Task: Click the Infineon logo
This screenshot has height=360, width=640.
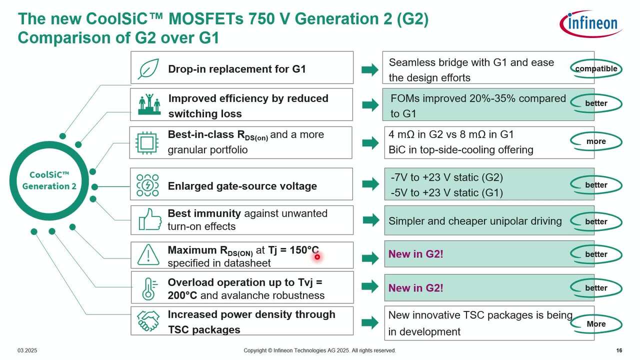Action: click(590, 23)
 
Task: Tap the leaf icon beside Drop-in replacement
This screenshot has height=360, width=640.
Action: click(148, 68)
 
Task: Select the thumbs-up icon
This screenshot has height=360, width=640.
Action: click(149, 220)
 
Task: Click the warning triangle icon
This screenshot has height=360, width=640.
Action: click(148, 254)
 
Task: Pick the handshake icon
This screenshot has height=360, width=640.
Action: click(148, 321)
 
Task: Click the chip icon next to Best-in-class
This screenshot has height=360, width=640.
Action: click(147, 142)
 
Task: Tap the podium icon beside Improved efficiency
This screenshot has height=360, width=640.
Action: click(149, 104)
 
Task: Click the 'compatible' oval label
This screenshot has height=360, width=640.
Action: click(596, 68)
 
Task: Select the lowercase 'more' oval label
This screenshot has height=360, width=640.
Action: click(596, 141)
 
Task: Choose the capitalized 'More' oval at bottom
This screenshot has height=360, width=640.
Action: click(596, 324)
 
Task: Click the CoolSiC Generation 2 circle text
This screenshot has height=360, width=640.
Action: click(49, 180)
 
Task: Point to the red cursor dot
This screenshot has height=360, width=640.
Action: click(317, 257)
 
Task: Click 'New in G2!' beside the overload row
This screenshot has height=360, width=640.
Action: click(415, 288)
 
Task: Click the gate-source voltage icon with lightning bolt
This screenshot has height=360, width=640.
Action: click(147, 185)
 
